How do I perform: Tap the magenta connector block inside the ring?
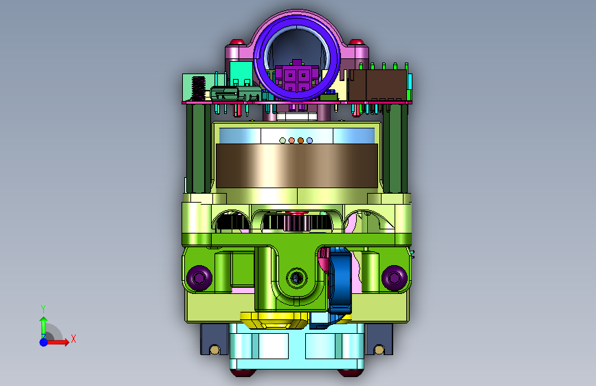click(x=297, y=77)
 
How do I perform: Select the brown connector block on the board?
click(x=377, y=85)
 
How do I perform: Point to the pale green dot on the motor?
click(x=283, y=141)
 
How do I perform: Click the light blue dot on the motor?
click(x=309, y=141)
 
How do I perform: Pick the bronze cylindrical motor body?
click(x=297, y=166)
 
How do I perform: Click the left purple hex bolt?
click(x=199, y=277)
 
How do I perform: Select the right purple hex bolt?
click(x=394, y=277)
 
